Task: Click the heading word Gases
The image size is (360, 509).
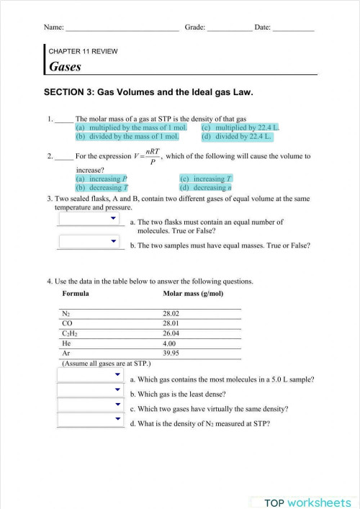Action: (65, 67)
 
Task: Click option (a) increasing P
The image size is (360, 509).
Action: (102, 179)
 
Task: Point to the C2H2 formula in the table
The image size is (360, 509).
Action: (71, 334)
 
